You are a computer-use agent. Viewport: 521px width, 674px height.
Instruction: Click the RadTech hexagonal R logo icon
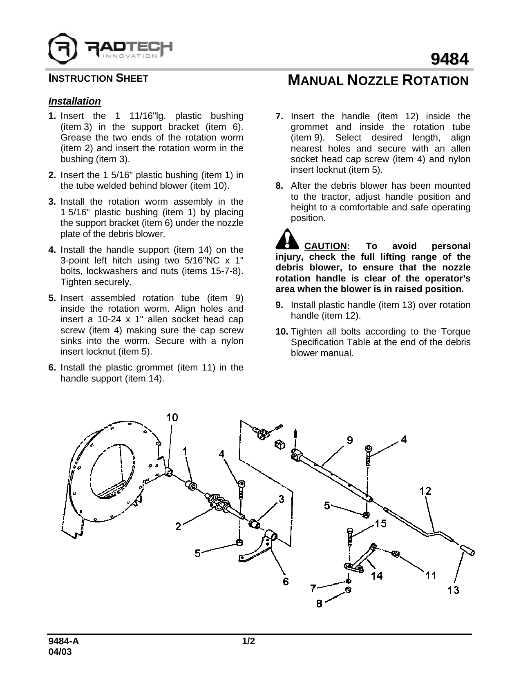pos(63,47)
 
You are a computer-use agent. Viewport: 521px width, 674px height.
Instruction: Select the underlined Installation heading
pos(74,101)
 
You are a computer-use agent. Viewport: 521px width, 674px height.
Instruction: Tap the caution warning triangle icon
pos(288,239)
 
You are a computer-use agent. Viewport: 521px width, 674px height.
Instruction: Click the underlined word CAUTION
pos(326,246)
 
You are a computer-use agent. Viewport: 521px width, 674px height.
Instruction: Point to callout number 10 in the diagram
pos(172,417)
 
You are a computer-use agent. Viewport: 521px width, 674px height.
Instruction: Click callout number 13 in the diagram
pos(453,590)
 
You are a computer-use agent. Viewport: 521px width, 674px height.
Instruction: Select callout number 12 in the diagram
pos(425,491)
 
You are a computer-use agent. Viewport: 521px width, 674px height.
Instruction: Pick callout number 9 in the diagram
pos(350,440)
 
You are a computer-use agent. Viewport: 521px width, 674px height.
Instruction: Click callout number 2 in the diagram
pos(178,527)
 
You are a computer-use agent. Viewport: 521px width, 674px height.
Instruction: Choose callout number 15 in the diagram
pos(380,523)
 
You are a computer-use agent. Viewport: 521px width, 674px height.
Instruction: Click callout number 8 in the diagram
pos(319,603)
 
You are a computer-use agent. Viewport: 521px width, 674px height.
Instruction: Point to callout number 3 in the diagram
pos(282,498)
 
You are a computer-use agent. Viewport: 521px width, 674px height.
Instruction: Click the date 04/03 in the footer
pos(60,652)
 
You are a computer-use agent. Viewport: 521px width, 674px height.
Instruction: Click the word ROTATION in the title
pos(436,80)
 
